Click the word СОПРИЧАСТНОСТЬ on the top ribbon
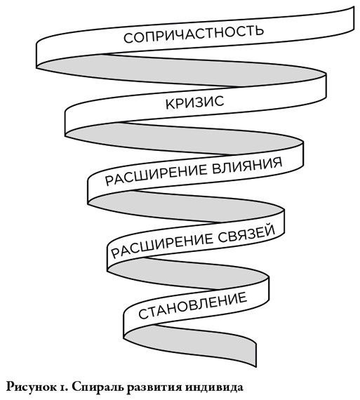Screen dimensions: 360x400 (194, 34)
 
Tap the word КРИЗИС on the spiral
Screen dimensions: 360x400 (195, 102)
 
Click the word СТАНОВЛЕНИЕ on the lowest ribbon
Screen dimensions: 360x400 (192, 305)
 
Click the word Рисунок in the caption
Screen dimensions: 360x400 (32, 387)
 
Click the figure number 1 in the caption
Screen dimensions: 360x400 (63, 388)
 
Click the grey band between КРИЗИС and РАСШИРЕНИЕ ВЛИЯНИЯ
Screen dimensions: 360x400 (184, 139)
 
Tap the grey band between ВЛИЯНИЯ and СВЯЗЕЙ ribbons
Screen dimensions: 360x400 (186, 206)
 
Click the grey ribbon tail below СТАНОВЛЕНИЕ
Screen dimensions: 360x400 (194, 345)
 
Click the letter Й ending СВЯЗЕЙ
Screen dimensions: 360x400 (271, 229)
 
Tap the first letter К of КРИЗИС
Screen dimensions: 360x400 (170, 105)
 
